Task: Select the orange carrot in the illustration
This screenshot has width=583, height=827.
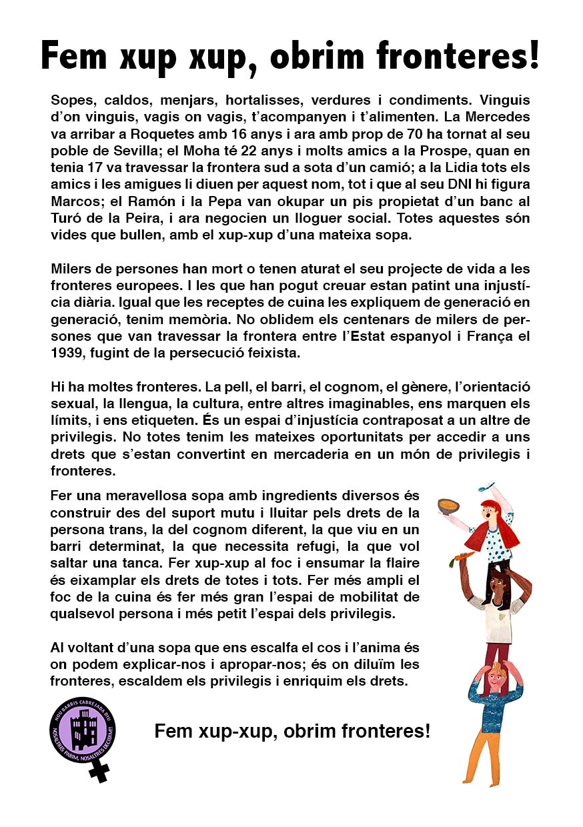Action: click(464, 556)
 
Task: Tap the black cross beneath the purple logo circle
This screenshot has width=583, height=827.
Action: click(100, 771)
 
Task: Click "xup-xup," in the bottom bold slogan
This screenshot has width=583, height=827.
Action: click(240, 731)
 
